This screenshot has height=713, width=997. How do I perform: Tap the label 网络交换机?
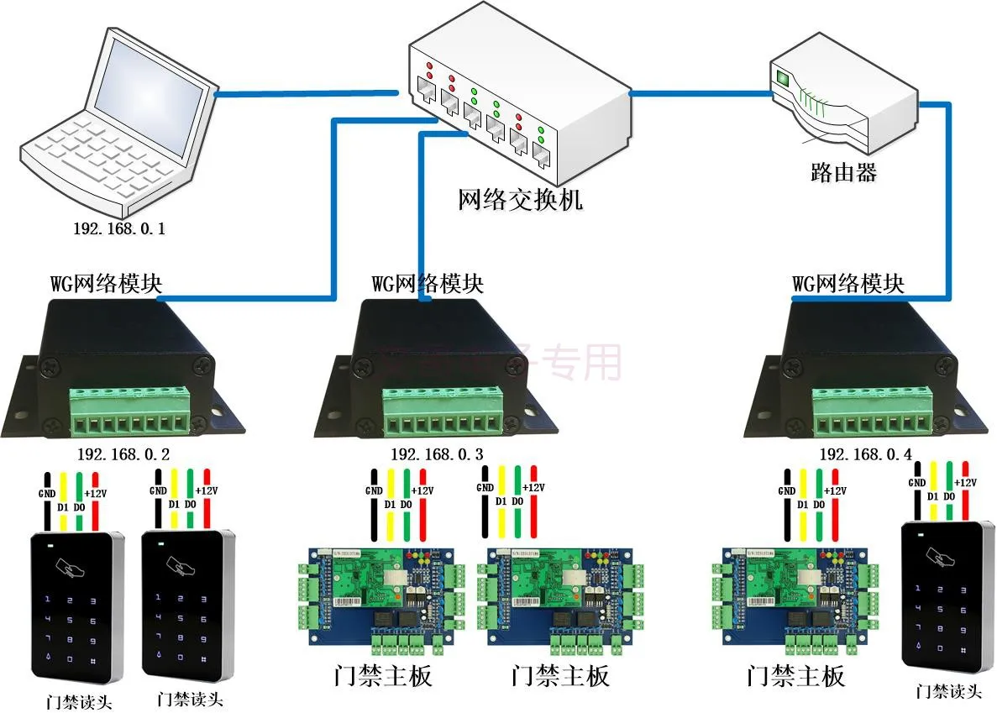[520, 200]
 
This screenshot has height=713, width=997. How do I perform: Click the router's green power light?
[784, 78]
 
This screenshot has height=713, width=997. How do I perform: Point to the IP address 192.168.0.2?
[123, 454]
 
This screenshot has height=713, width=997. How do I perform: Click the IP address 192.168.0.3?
[436, 454]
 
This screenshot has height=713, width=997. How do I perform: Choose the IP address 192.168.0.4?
[865, 454]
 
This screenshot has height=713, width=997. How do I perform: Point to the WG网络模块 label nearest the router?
[848, 282]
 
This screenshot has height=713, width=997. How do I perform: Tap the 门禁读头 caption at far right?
[948, 692]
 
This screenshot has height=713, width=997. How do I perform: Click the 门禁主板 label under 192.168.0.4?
[795, 676]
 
